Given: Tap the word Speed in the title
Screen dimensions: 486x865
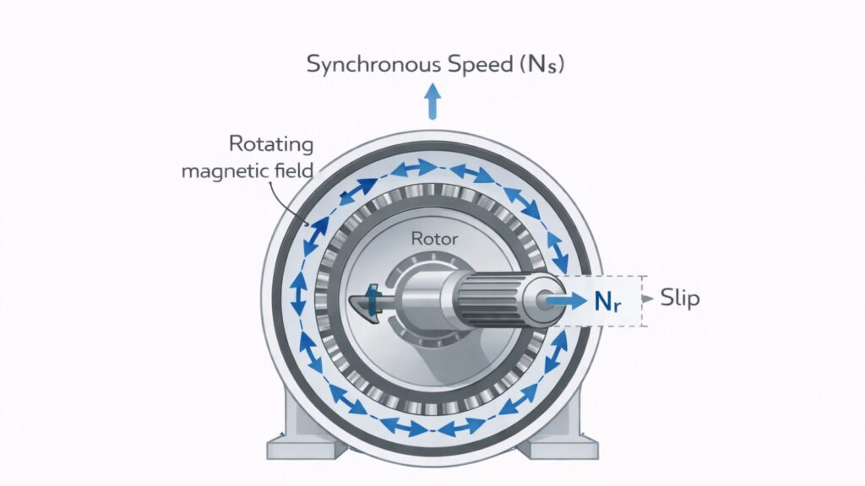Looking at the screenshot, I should [x=470, y=64].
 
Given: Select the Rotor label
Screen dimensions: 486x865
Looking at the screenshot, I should [x=434, y=239].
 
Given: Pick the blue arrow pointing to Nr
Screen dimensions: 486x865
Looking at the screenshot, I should [x=565, y=299].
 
